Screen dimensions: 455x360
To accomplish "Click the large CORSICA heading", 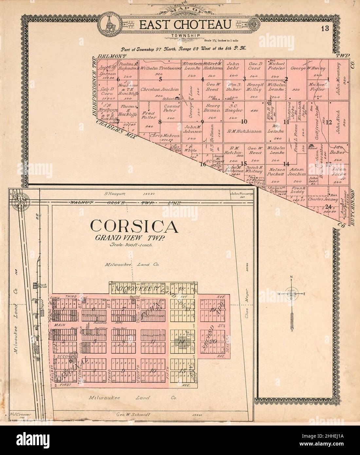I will click(135, 226).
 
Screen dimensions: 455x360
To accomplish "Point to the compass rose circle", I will click(291, 294).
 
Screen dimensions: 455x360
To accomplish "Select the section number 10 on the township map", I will click(244, 122).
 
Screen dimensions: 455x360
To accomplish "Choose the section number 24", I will click(329, 206).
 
